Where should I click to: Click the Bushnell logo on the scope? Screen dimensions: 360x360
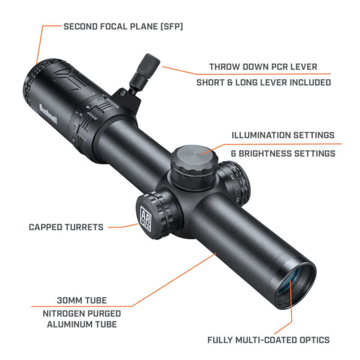(x=48, y=114)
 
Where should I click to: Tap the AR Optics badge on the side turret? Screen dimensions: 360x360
(x=145, y=219)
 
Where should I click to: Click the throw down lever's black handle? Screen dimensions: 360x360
(x=148, y=64)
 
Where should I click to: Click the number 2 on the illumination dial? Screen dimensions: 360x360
(x=232, y=177)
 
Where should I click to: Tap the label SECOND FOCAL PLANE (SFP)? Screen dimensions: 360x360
(x=123, y=27)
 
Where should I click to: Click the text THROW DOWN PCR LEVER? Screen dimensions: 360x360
(x=263, y=67)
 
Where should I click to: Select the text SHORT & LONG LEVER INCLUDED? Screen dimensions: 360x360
(x=264, y=82)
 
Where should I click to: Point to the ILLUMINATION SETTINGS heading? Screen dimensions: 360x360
(x=283, y=135)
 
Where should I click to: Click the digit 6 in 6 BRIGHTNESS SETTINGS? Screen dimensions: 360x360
(x=234, y=153)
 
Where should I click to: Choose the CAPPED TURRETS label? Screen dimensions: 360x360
(x=66, y=227)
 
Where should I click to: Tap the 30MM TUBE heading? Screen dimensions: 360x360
(x=82, y=300)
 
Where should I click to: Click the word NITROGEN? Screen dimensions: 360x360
(x=63, y=314)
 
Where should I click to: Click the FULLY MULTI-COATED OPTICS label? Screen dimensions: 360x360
(x=269, y=340)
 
